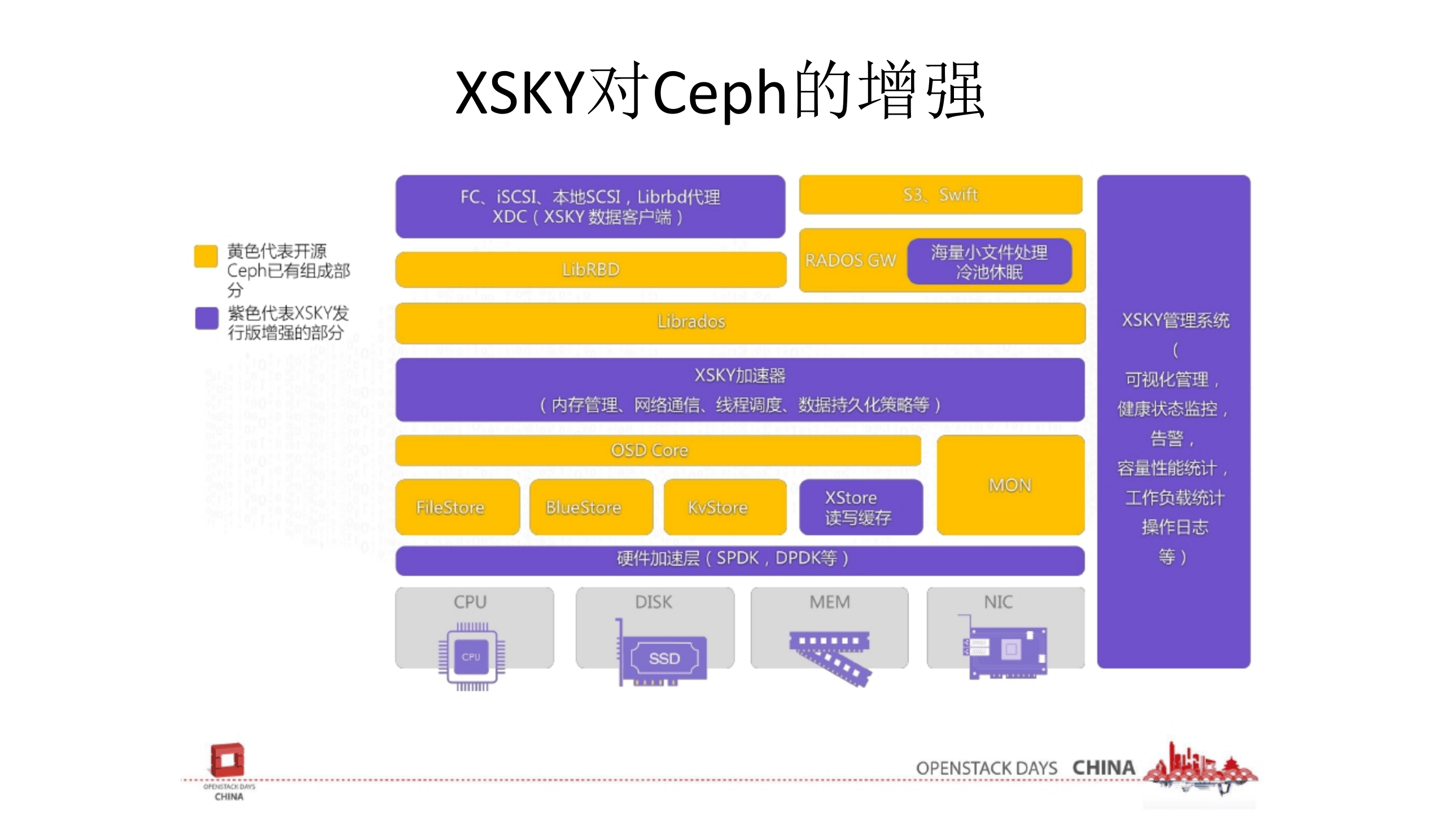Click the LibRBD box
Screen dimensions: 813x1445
tap(590, 270)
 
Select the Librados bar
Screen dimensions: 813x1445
tap(739, 322)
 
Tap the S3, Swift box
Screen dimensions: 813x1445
tap(940, 195)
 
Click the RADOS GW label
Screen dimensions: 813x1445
tap(850, 260)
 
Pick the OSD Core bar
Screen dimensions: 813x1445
tap(658, 451)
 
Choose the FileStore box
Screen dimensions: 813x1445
tap(457, 507)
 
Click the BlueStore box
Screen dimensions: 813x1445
tap(590, 507)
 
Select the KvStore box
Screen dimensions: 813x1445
tap(725, 507)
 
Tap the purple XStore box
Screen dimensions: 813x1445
tap(861, 507)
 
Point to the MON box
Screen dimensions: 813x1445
tap(1010, 485)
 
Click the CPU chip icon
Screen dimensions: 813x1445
tap(472, 657)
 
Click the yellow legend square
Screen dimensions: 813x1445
tap(206, 256)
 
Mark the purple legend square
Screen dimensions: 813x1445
tap(207, 318)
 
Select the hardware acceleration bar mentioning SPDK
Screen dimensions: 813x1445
tap(739, 559)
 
